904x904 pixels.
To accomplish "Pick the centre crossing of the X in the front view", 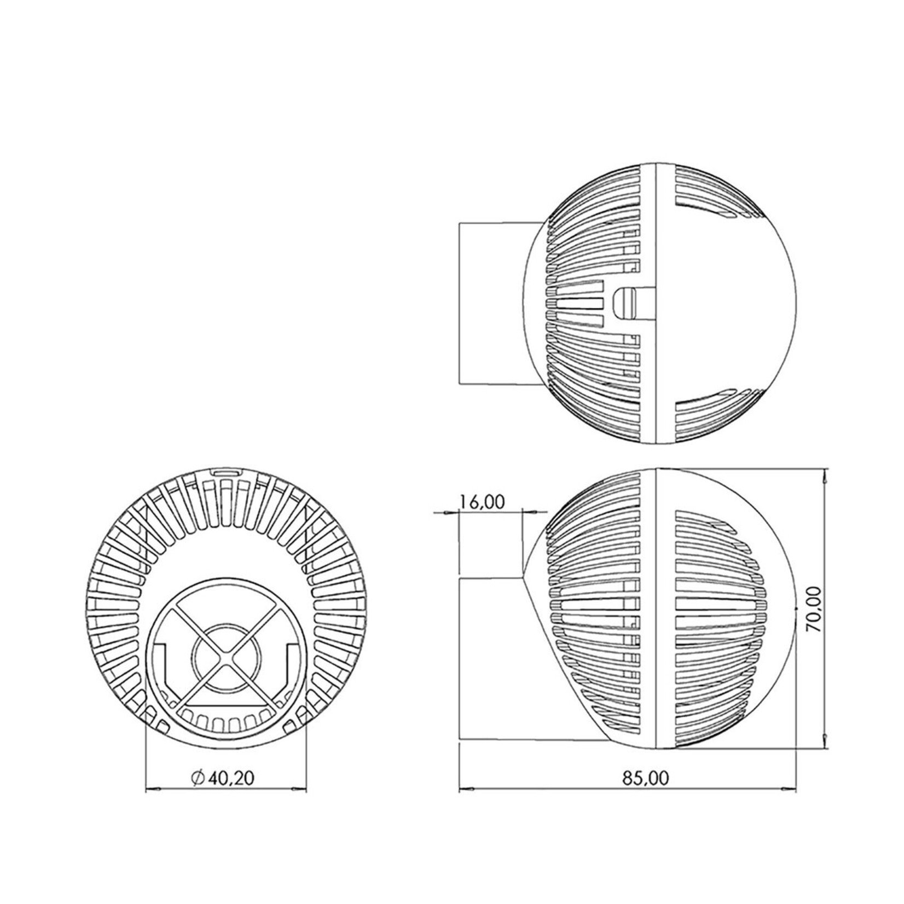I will point(227,654).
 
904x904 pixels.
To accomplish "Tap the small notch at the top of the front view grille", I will point(226,471).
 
